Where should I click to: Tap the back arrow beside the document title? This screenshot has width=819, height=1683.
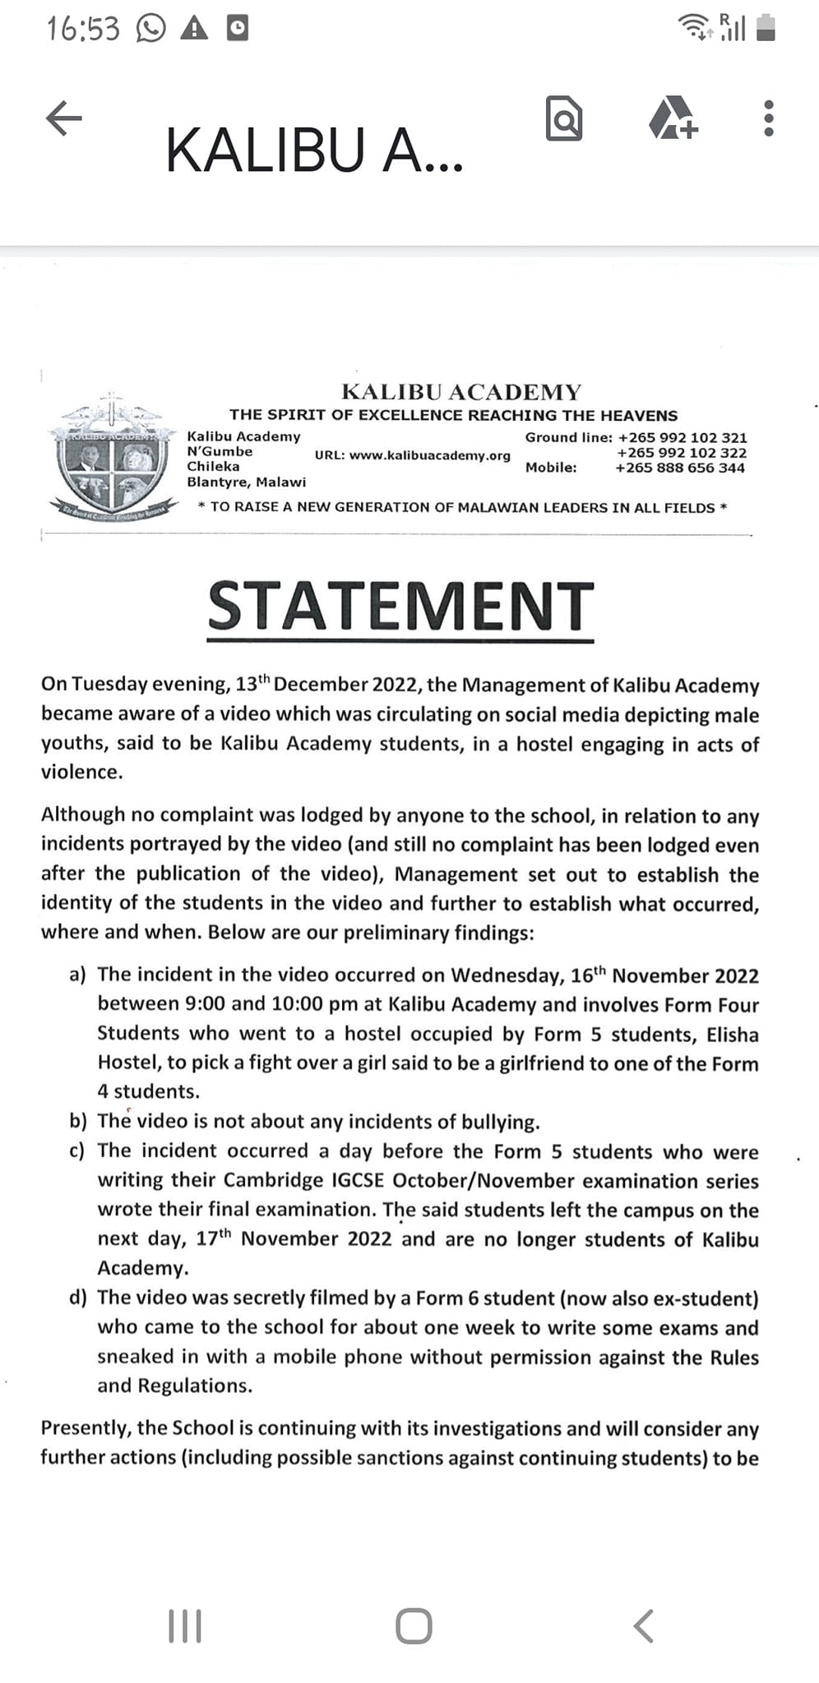point(63,118)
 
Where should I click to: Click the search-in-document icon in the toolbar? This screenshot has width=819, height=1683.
point(564,118)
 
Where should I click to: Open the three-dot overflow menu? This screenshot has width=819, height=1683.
point(768,118)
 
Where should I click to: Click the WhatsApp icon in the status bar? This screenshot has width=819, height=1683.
point(150,30)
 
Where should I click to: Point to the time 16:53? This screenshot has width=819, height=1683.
point(83,30)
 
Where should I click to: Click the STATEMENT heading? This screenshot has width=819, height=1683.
point(400,606)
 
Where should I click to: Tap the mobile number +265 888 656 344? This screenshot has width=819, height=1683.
point(680,468)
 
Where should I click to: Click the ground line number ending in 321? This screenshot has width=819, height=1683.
point(682,437)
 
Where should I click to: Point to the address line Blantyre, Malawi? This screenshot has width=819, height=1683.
point(246,482)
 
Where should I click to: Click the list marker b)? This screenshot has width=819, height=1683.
point(78,1122)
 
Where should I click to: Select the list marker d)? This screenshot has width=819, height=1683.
point(78,1298)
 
